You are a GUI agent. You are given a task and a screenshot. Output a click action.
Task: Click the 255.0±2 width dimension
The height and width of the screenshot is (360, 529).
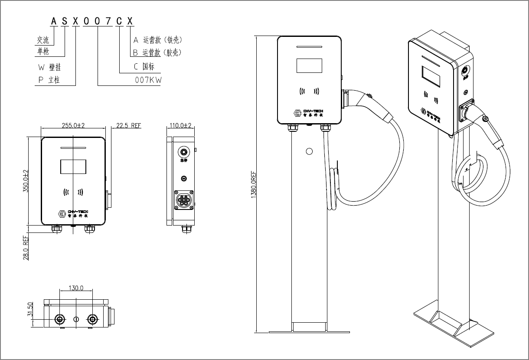pos(73,125)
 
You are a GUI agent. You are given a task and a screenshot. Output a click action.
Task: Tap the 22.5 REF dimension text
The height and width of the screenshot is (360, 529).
pos(129,125)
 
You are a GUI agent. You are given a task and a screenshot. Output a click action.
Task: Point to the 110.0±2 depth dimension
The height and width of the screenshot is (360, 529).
pos(181,125)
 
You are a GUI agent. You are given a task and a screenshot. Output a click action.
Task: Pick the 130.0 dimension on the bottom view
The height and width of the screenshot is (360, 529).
pos(76,288)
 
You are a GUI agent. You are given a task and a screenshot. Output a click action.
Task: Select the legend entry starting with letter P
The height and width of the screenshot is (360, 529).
pos(49,80)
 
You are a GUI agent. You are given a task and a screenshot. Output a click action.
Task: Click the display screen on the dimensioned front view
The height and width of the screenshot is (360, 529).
pos(73,167)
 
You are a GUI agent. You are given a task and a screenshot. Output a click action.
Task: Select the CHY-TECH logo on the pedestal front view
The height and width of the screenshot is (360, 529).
pos(308,113)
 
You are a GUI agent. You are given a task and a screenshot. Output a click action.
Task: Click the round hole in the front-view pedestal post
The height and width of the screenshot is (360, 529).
pos(309,151)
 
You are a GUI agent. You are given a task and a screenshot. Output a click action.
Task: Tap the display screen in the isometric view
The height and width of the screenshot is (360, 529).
pos(432,77)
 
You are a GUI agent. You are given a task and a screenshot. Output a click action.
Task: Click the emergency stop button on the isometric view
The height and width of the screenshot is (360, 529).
pos(465,71)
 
